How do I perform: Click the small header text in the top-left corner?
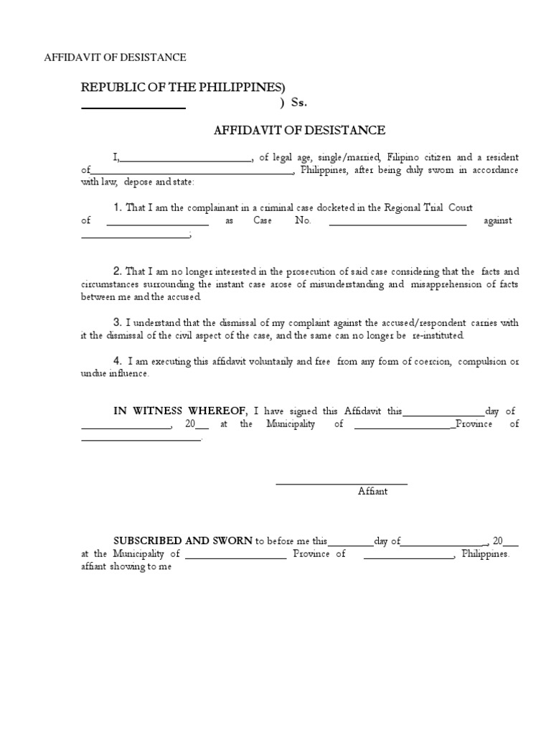pos(116,57)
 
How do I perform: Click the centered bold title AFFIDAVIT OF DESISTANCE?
pos(299,130)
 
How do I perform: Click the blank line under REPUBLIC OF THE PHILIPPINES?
pos(133,107)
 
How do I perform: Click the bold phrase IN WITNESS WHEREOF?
pos(180,411)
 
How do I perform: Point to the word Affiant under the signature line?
pos(372,491)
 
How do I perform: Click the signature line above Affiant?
pos(342,484)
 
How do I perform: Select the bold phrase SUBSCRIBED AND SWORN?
pos(183,540)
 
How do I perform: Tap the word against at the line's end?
pos(498,221)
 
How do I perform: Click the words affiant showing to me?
pos(126,566)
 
